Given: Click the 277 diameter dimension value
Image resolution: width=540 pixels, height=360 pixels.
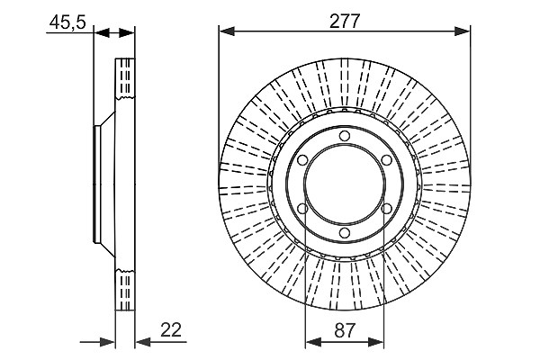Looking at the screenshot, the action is click(x=344, y=22).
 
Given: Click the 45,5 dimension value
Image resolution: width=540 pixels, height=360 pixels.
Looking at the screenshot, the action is click(x=67, y=23).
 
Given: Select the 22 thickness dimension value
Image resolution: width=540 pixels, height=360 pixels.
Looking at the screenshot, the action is click(x=171, y=330).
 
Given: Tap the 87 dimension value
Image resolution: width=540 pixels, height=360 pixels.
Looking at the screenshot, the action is click(x=344, y=330).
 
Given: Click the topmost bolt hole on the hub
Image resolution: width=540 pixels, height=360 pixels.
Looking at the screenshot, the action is click(x=344, y=136).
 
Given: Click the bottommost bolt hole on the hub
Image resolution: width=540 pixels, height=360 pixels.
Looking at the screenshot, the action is click(x=344, y=233).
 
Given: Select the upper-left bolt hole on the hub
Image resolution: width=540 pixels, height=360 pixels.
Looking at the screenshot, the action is click(x=302, y=160).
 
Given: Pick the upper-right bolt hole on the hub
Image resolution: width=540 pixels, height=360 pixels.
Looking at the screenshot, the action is click(x=386, y=160).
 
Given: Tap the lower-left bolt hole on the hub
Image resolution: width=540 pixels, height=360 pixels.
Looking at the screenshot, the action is click(x=302, y=209).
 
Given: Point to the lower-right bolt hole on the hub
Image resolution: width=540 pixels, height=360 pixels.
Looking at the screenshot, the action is click(x=386, y=209).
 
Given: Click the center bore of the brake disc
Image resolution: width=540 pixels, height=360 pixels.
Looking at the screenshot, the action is click(x=344, y=184).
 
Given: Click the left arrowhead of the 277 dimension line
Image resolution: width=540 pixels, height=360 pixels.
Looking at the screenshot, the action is click(x=227, y=31).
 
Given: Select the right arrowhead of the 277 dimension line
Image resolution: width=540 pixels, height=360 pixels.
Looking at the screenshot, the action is click(x=463, y=31).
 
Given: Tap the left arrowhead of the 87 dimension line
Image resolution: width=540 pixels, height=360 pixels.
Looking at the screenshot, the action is click(x=313, y=342).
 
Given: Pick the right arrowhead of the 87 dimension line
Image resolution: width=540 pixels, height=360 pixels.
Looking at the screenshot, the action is click(x=375, y=342).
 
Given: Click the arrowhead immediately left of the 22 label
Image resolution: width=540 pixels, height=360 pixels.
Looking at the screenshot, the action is click(x=143, y=342).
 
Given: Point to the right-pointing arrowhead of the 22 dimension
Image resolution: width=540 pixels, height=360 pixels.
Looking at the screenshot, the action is click(x=107, y=342).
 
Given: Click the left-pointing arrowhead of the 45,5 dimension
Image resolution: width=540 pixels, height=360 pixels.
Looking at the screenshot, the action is click(x=102, y=33).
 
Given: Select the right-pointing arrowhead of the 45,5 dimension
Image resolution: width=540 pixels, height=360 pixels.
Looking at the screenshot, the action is click(x=127, y=33).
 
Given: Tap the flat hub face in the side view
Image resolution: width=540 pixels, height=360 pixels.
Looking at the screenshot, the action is click(x=96, y=184).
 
